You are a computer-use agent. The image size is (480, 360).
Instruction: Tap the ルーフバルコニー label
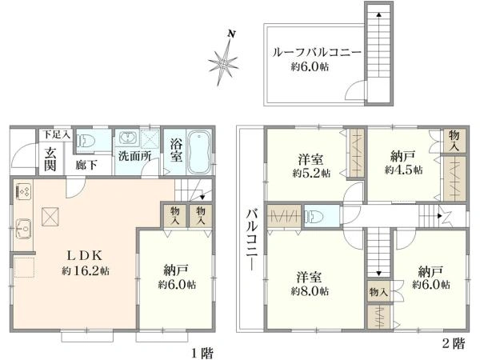pyautogui.click(x=317, y=53)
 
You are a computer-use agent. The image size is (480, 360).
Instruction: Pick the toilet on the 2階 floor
pyautogui.click(x=314, y=217)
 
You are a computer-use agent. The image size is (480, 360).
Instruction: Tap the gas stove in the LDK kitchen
pyautogui.click(x=23, y=191)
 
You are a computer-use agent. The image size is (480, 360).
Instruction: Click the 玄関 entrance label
pyautogui.click(x=50, y=159)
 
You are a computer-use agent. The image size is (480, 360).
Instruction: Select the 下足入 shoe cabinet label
pyautogui.click(x=56, y=134)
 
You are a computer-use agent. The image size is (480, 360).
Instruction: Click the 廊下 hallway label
pyautogui.click(x=86, y=166)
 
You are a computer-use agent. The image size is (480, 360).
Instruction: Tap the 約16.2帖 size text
pyautogui.click(x=86, y=271)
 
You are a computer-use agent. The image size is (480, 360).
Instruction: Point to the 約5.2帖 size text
pyautogui.click(x=311, y=174)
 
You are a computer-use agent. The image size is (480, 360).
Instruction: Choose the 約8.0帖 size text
pyautogui.click(x=310, y=291)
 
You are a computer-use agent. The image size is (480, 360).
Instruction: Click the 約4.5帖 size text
pyautogui.click(x=403, y=170)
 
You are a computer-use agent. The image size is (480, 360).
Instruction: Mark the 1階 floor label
pyautogui.click(x=202, y=354)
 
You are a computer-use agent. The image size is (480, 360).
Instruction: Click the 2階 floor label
pyautogui.click(x=454, y=343)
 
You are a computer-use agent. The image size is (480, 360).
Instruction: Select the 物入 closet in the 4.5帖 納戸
pyautogui.click(x=454, y=141)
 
